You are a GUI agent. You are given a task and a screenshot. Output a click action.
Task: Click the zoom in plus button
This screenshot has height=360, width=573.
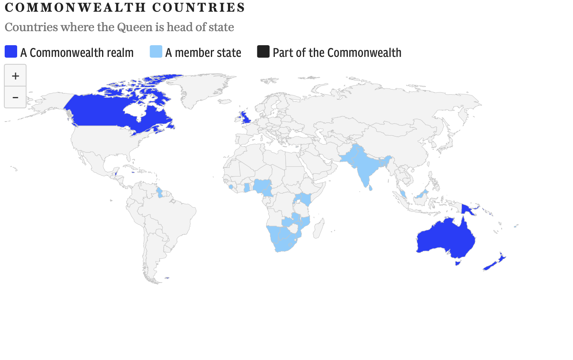coord(15,76)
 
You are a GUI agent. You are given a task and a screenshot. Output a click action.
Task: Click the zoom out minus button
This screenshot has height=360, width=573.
coord(15,97)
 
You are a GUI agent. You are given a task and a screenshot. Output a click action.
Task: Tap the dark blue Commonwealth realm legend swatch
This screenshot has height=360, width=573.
coord(11,52)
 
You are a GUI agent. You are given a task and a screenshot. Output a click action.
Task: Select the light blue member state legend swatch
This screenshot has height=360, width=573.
coord(156,52)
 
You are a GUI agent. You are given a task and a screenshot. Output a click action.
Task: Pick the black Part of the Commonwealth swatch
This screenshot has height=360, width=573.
coord(263,52)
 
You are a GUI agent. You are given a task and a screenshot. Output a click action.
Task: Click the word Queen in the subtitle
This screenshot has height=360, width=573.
coord(134,27)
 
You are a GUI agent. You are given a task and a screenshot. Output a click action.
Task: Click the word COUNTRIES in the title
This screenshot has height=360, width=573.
coord(198,7)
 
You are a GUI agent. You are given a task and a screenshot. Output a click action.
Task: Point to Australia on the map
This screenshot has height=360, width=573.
coord(444,238)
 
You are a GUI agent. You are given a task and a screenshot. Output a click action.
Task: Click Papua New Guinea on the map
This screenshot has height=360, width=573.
coord(468,210)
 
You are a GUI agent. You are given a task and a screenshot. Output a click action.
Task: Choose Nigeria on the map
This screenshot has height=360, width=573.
coord(262,186)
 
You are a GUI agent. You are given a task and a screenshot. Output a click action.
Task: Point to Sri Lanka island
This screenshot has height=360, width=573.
coord(370,188)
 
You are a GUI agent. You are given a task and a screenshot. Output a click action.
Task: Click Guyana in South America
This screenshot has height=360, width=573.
coord(159,192)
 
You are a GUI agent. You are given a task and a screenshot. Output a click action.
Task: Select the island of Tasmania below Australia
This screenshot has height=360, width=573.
coord(458,263)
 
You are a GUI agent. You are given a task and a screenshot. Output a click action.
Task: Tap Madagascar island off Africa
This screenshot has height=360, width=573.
coord(319,228)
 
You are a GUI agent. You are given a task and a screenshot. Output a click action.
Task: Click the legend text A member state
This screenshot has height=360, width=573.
coord(203,53)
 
